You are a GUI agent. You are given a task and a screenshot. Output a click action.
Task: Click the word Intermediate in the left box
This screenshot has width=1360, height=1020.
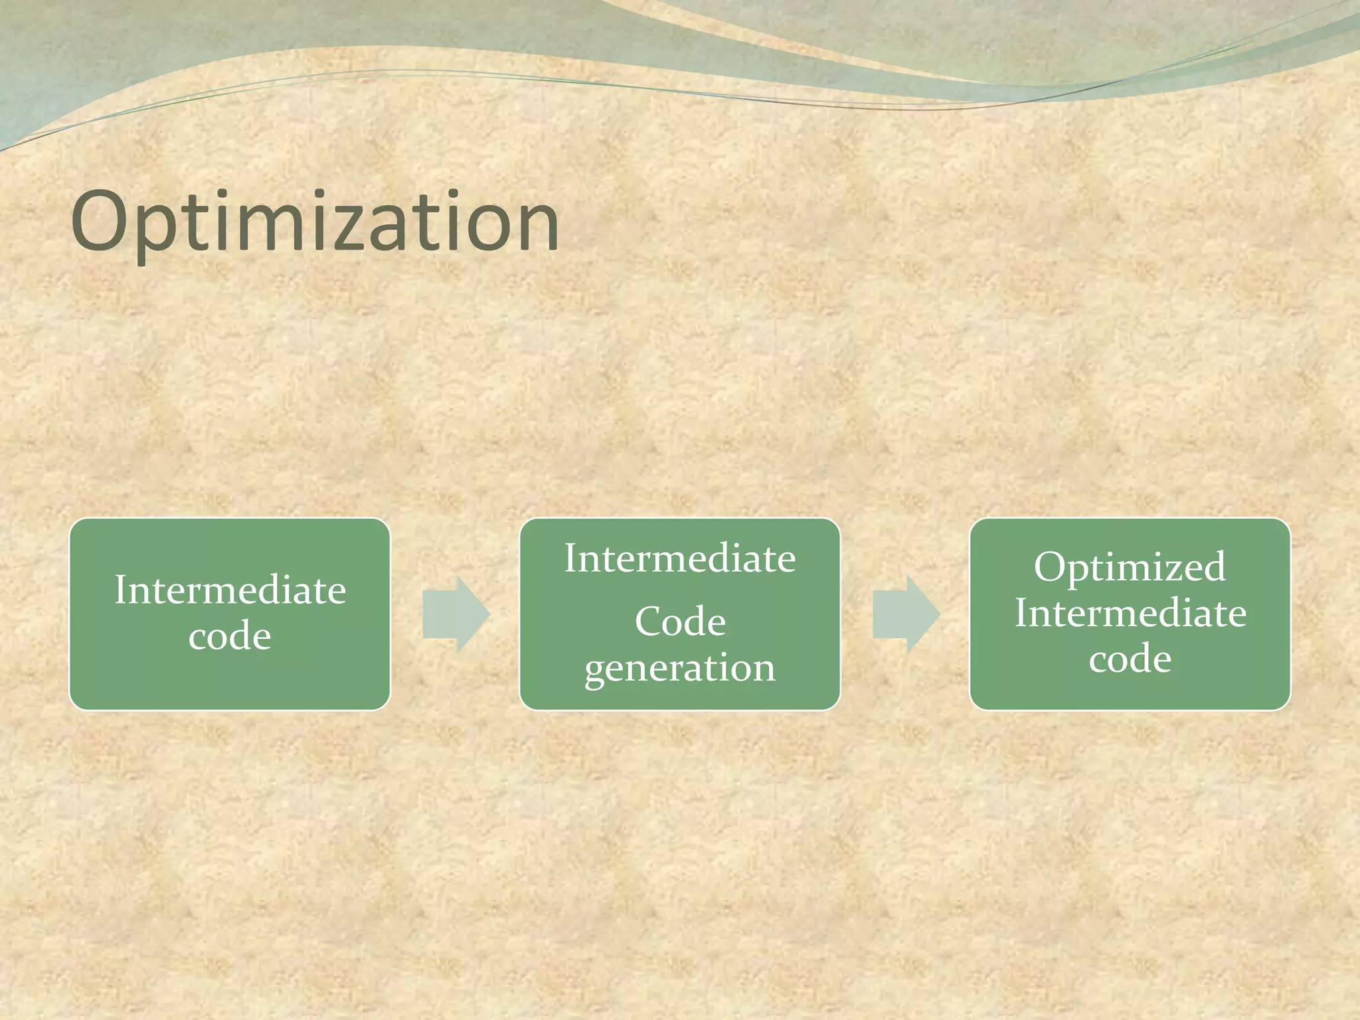click(x=230, y=590)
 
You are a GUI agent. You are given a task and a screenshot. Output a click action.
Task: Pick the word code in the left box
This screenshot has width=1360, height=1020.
click(x=230, y=636)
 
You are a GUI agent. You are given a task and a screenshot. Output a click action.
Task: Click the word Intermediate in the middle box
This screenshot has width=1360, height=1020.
click(x=679, y=558)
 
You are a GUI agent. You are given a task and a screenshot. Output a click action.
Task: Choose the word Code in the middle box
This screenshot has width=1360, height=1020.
click(x=680, y=622)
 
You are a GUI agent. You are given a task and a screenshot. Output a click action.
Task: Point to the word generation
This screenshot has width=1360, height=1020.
click(x=679, y=668)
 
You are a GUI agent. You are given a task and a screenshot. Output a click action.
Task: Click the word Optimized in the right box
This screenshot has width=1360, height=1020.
click(x=1129, y=566)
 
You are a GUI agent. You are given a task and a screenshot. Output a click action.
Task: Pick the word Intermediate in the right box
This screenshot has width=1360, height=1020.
click(x=1130, y=612)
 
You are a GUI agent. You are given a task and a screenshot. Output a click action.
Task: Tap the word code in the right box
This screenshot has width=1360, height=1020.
click(x=1130, y=659)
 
